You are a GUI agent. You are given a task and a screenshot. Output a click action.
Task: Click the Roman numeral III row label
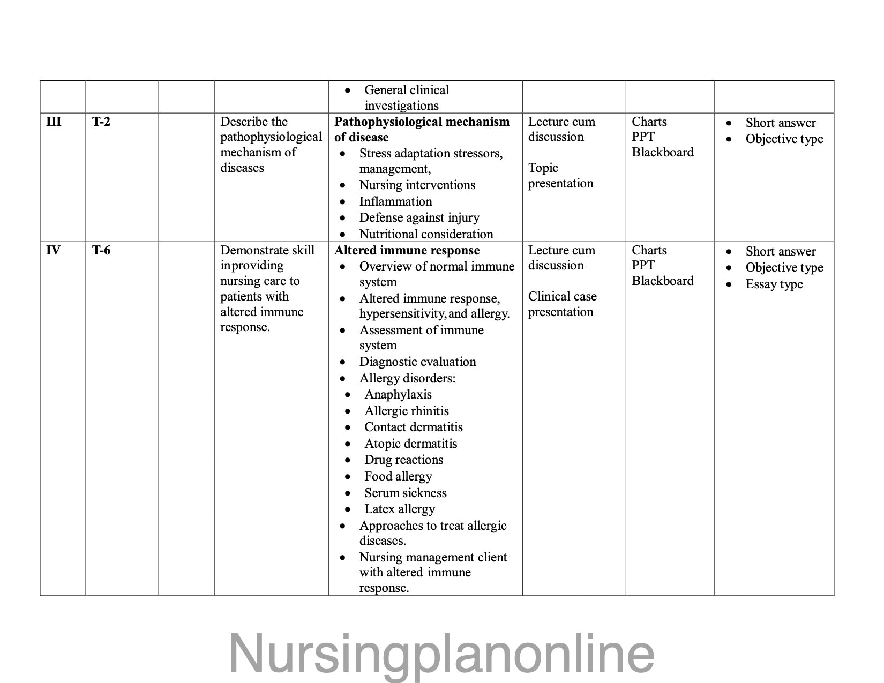click(x=54, y=122)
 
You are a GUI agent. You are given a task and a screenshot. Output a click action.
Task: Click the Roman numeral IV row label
click(x=54, y=250)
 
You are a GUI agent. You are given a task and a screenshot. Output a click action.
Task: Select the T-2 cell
click(x=101, y=122)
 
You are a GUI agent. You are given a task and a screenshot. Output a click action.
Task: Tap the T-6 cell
click(x=101, y=250)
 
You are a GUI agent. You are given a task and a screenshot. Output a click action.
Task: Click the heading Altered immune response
click(x=407, y=250)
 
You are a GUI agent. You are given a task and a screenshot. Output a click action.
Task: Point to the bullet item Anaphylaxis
click(x=398, y=394)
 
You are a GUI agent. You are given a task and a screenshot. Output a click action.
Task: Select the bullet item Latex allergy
click(x=399, y=509)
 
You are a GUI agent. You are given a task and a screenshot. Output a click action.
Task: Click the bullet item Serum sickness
click(x=405, y=493)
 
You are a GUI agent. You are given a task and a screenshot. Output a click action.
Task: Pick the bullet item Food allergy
click(x=398, y=476)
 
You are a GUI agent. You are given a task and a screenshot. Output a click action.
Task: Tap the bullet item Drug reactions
click(x=403, y=460)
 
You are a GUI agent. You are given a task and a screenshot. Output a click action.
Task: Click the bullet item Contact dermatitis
click(x=413, y=427)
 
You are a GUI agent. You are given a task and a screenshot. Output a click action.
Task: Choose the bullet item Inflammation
click(x=395, y=201)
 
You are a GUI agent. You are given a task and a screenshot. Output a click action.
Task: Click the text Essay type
click(x=774, y=284)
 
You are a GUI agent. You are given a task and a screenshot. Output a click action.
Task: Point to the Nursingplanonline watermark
click(x=441, y=654)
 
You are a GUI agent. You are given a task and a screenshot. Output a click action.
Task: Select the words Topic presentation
click(x=560, y=176)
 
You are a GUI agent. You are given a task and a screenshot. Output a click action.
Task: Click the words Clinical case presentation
click(x=562, y=304)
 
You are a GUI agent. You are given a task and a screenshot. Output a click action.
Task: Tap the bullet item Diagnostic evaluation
click(x=417, y=362)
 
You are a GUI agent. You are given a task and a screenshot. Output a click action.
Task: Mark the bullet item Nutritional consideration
click(x=426, y=234)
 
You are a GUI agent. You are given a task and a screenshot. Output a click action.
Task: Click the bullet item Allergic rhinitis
click(x=406, y=411)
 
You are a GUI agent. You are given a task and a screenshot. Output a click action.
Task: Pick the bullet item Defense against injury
click(x=419, y=217)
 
